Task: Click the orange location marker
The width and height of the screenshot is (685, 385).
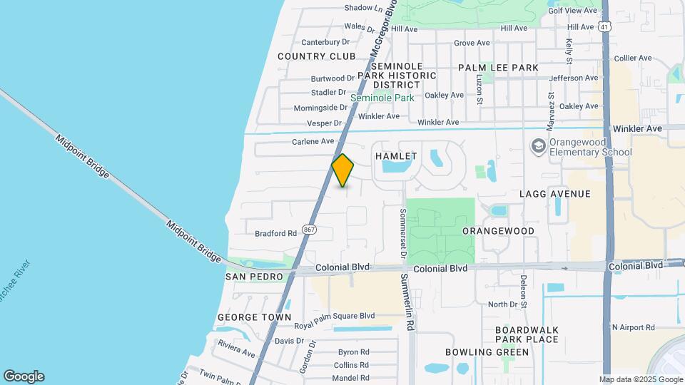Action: coord(343,170)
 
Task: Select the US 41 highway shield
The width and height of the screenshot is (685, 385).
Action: coord(605,27)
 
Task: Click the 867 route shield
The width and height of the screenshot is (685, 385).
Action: coord(309,230)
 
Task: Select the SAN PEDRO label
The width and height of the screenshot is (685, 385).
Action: coord(255,277)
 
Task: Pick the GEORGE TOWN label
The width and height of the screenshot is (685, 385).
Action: coord(254,317)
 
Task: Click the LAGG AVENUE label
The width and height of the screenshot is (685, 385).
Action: coord(555,194)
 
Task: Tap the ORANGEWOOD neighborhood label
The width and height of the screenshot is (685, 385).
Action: coord(498,232)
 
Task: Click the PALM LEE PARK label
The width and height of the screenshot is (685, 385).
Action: coord(498,68)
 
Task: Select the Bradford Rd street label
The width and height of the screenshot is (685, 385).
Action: coord(275,233)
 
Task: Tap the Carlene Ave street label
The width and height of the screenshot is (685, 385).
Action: coord(313,141)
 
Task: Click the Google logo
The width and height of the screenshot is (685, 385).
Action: coord(24,376)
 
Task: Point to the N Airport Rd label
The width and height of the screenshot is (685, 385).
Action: coord(633,327)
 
